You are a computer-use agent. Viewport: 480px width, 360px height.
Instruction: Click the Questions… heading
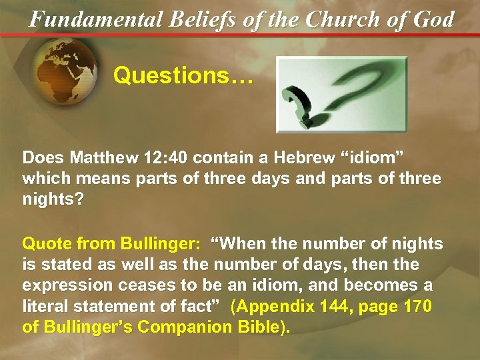183,75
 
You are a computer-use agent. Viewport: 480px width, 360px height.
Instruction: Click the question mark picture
341,94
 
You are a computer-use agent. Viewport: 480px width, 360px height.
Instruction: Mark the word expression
63,286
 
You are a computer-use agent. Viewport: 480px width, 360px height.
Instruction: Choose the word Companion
189,329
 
